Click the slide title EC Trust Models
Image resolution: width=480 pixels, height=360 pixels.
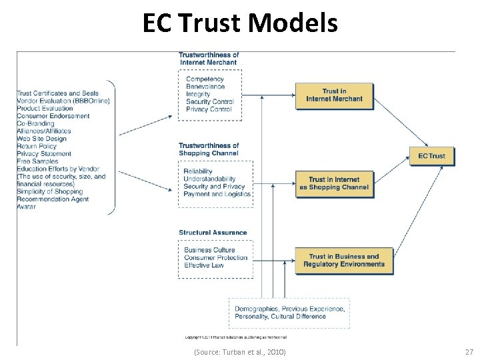pyautogui.click(x=240, y=24)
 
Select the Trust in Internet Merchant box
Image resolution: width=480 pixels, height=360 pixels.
pyautogui.click(x=334, y=95)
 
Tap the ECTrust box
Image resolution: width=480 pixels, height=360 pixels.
pyautogui.click(x=431, y=156)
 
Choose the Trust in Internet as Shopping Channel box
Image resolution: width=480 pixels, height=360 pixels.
pyautogui.click(x=334, y=183)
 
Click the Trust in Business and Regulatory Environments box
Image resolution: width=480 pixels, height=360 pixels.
pyautogui.click(x=343, y=260)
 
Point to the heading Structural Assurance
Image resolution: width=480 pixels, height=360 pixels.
pyautogui.click(x=213, y=233)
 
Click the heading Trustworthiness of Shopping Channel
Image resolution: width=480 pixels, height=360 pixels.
pyautogui.click(x=209, y=149)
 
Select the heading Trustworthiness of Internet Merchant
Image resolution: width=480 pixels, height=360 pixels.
pyautogui.click(x=209, y=59)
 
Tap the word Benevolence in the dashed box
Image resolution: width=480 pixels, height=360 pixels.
pyautogui.click(x=205, y=87)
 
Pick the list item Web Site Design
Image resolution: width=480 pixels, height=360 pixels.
pyautogui.click(x=41, y=139)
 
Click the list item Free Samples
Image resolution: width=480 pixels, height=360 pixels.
pyautogui.click(x=37, y=161)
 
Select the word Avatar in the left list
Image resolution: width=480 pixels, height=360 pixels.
pyautogui.click(x=27, y=207)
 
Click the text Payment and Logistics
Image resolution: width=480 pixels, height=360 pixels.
pyautogui.click(x=217, y=194)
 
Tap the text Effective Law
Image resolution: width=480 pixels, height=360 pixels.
pyautogui.click(x=205, y=265)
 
